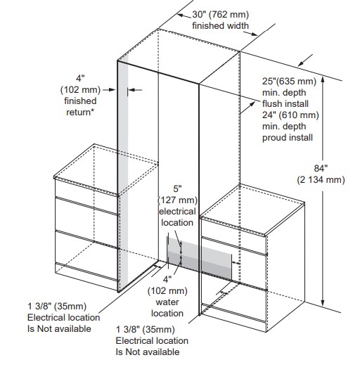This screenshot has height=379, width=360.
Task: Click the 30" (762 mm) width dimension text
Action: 220,15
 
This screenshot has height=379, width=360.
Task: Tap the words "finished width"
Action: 220,25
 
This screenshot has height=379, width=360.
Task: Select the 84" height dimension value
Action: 321,168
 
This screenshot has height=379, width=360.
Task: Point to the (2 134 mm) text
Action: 321,179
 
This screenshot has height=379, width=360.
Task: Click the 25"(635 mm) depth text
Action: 289,82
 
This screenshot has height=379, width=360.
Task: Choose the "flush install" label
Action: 285,103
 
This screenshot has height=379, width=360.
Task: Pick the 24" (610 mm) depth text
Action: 290,115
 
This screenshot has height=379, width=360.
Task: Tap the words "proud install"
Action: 288,138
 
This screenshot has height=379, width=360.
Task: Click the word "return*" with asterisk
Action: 80,113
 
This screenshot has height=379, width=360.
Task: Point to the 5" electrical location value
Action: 177,188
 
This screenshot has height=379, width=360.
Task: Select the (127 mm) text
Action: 177,200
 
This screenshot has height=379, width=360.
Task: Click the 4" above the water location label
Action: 167,279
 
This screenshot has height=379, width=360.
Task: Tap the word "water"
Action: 167,302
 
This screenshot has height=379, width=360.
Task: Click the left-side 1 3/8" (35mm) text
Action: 57,307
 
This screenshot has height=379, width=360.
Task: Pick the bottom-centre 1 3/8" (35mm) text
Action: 146,330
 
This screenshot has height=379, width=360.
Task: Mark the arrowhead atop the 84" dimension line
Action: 322,79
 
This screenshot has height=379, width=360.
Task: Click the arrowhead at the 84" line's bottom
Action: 322,303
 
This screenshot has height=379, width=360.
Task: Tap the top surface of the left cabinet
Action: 106,169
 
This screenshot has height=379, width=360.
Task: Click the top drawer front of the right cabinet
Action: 234,233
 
